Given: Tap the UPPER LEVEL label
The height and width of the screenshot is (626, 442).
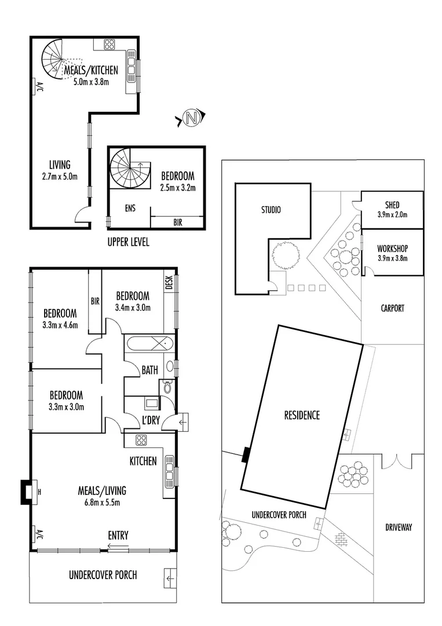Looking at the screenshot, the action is (x=128, y=242).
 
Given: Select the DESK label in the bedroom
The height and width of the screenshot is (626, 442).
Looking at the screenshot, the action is (x=170, y=282).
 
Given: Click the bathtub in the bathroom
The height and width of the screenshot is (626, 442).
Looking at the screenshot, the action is (x=149, y=344).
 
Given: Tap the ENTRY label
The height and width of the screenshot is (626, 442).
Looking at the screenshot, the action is (x=118, y=536).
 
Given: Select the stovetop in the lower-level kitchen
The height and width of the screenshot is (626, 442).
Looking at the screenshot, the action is (x=141, y=440).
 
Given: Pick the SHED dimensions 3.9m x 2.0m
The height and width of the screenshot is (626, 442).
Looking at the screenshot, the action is (x=392, y=214).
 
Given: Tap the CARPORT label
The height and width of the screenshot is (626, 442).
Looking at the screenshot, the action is (x=392, y=308).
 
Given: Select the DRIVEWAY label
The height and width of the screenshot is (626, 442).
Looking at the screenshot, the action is (x=398, y=527).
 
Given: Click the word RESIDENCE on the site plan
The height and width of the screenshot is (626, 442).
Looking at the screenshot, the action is (x=302, y=415).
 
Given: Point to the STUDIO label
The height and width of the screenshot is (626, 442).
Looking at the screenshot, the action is (x=271, y=209).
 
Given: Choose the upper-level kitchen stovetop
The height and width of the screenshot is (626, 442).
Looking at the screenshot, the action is (x=109, y=43).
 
